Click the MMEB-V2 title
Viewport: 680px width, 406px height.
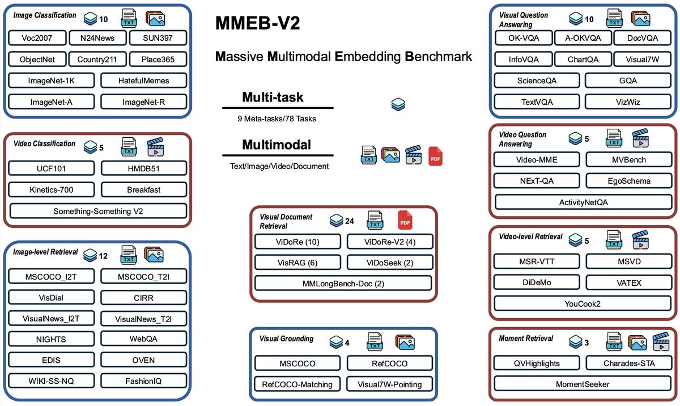pos(257,24)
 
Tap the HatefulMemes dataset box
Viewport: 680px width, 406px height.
pos(143,81)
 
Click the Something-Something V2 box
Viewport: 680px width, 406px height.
pos(98,211)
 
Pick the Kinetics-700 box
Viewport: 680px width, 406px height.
pos(52,189)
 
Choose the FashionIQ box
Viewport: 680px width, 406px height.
pos(143,381)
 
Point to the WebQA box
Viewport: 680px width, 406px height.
pos(143,339)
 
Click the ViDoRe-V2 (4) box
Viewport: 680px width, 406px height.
pos(389,242)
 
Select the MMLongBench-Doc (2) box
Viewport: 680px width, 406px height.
pos(343,283)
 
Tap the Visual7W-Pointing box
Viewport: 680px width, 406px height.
pos(389,384)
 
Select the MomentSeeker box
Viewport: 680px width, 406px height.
pos(582,384)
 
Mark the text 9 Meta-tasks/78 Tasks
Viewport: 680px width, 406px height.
pos(277,120)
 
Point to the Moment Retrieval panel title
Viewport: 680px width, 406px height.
pos(526,339)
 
